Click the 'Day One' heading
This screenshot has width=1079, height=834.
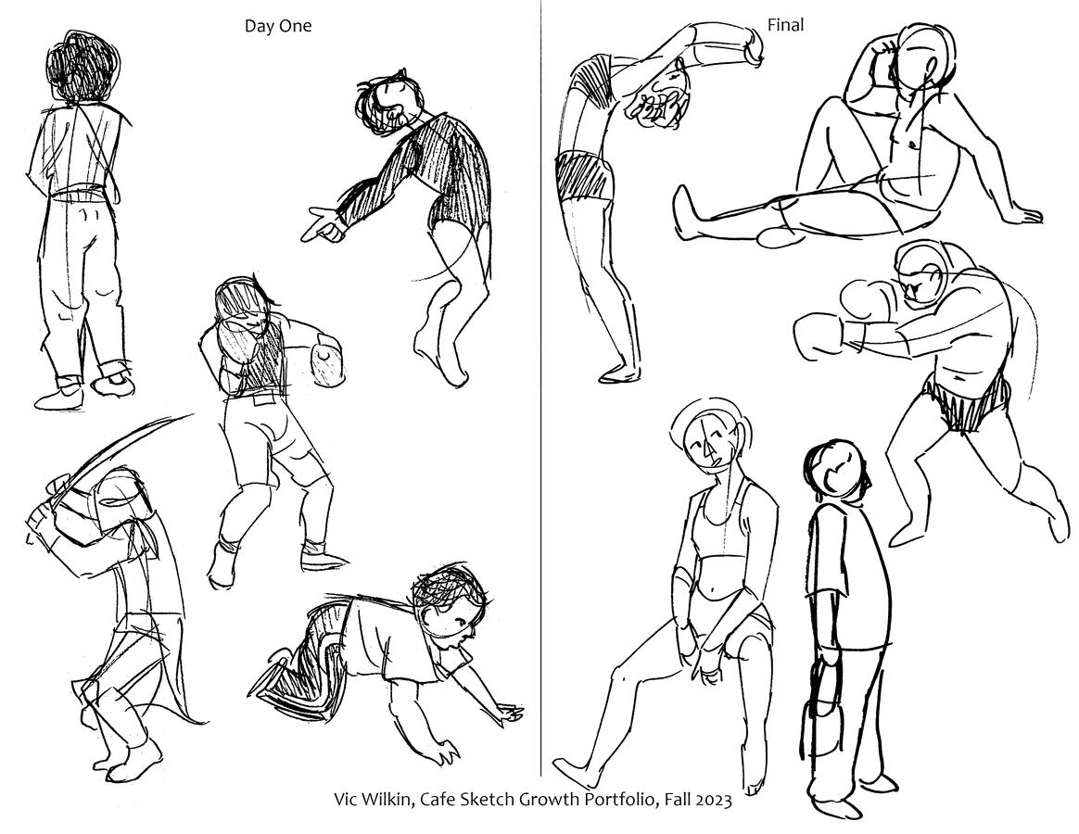278,26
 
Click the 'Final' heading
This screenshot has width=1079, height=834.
785,25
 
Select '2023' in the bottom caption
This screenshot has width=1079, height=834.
714,800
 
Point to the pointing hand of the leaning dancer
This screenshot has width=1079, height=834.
321,226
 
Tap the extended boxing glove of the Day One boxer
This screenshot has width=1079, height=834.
327,359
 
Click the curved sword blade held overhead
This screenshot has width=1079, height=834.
110,455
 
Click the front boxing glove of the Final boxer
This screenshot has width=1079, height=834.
819,335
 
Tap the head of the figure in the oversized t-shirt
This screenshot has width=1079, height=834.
834,468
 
